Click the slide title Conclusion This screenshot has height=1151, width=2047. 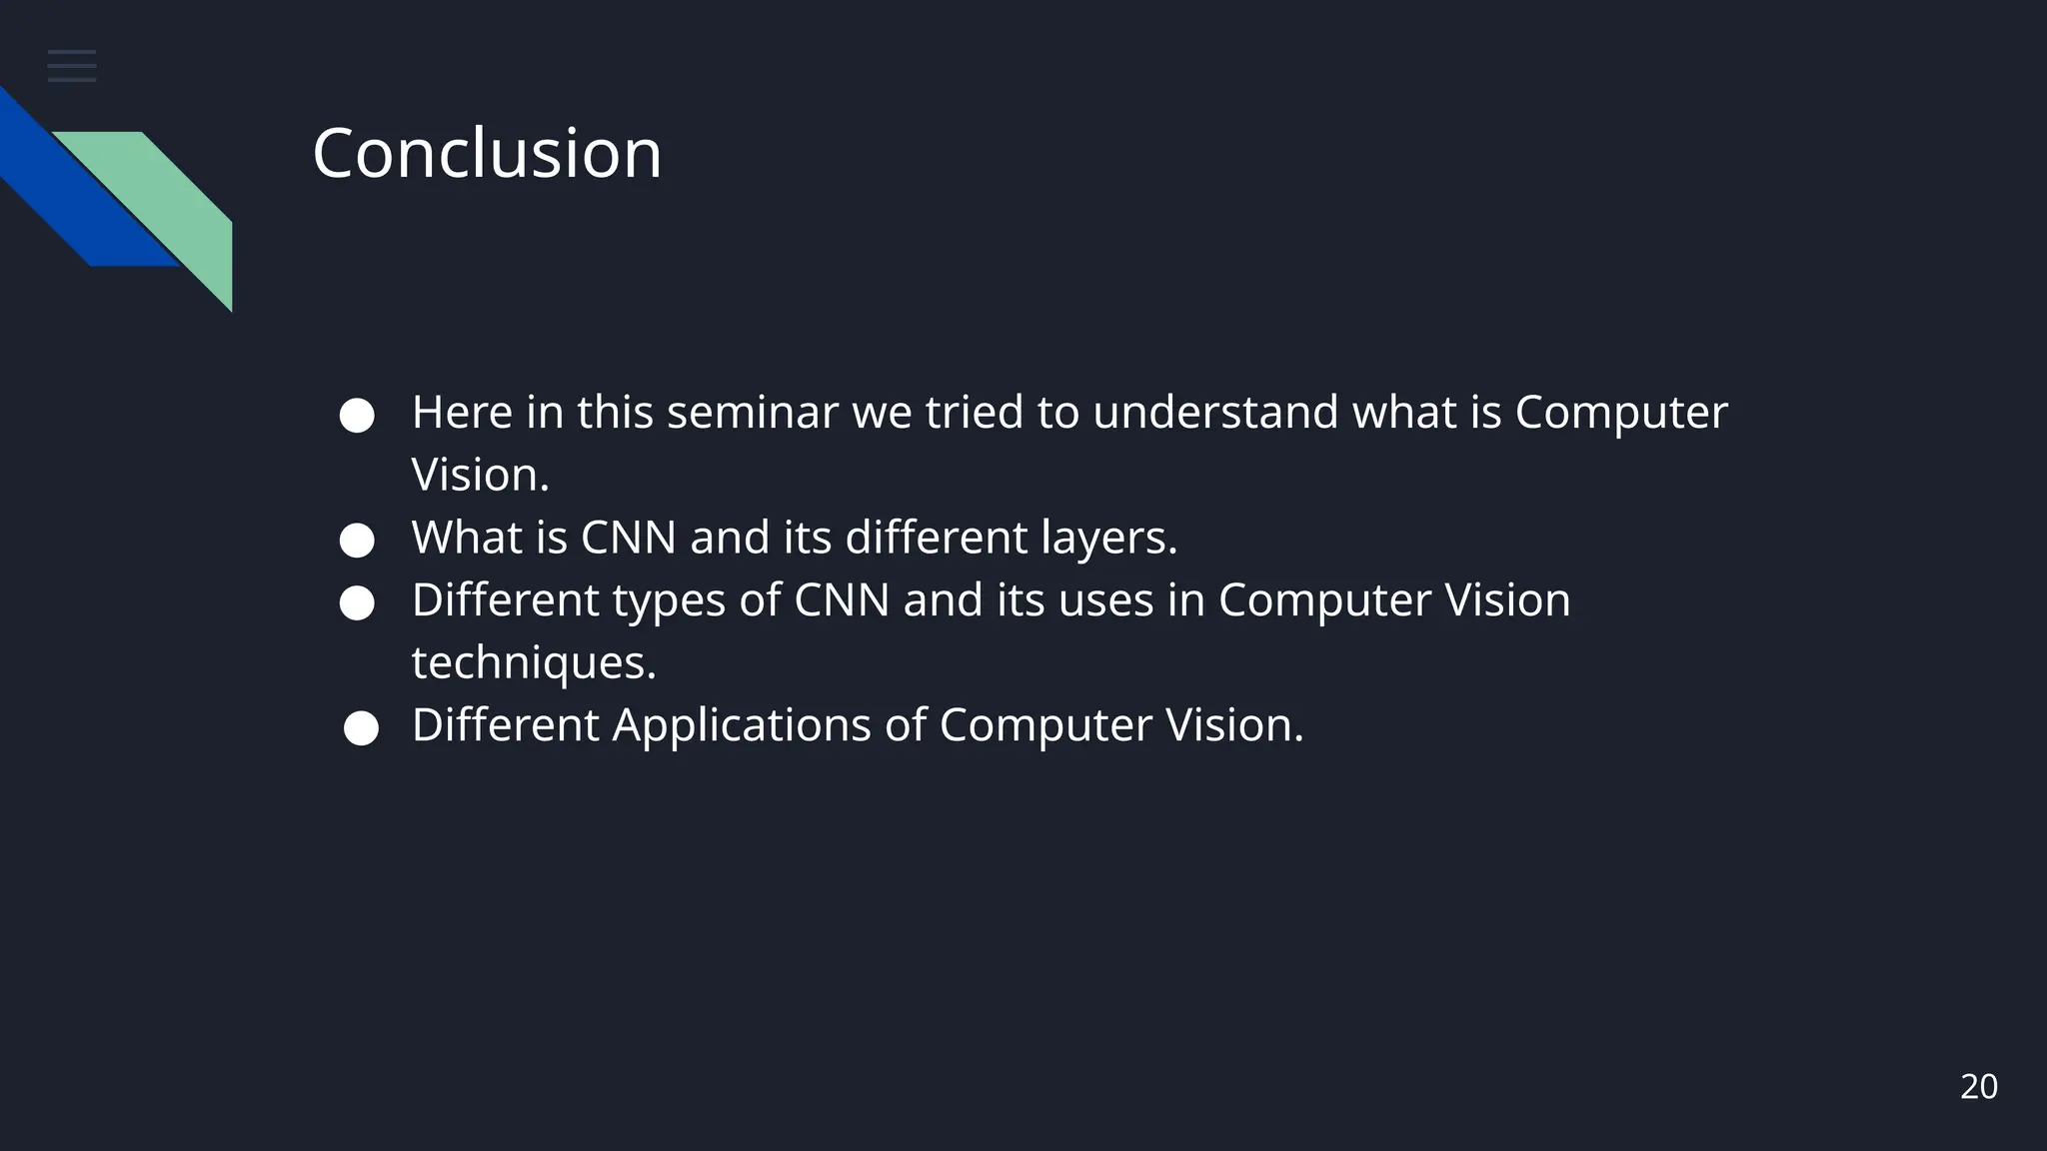point(487,154)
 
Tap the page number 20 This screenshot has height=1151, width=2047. point(1978,1087)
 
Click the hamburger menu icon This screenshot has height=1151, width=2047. point(72,66)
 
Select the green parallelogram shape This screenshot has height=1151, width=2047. point(160,200)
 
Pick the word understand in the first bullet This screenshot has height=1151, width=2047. point(1215,413)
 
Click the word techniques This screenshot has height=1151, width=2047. point(534,662)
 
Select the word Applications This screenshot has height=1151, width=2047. point(742,725)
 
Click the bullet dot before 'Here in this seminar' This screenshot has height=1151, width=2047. point(357,416)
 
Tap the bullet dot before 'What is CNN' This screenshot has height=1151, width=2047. point(357,542)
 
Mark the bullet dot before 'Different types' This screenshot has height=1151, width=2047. point(357,603)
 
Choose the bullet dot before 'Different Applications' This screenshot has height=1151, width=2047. point(361,728)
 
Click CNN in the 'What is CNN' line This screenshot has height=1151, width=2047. point(629,539)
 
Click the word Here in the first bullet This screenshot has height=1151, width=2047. point(462,413)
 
